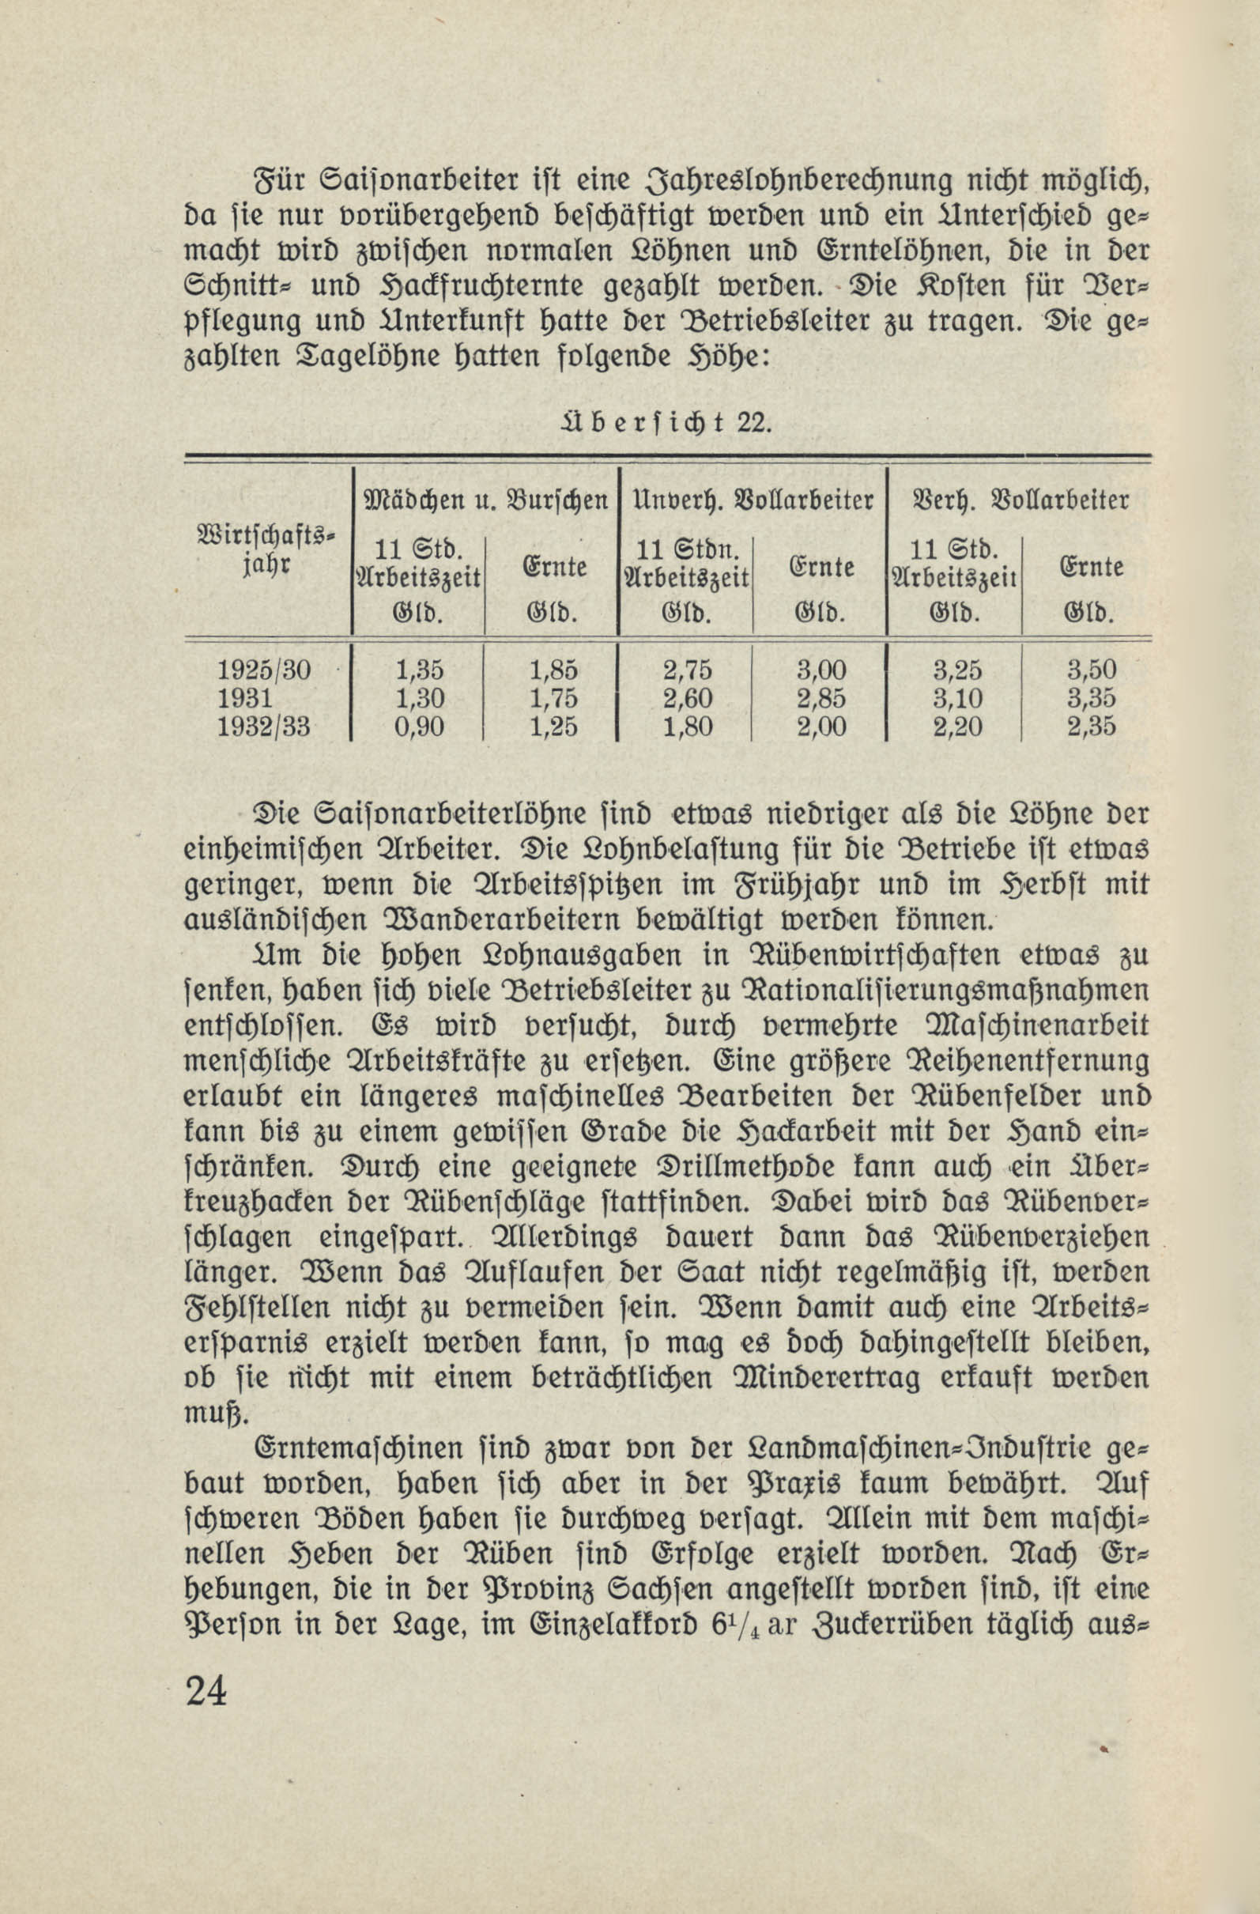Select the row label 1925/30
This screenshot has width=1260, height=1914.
pyautogui.click(x=264, y=670)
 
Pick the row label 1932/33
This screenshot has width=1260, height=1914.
pyautogui.click(x=264, y=727)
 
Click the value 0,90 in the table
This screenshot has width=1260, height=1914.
pyautogui.click(x=419, y=727)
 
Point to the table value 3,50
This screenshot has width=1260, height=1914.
pyautogui.click(x=1091, y=670)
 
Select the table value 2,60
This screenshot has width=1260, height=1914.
pyautogui.click(x=688, y=698)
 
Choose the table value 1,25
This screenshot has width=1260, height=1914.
pyautogui.click(x=554, y=727)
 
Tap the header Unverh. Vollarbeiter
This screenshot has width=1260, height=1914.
pyautogui.click(x=753, y=500)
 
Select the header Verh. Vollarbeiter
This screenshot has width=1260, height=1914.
pyautogui.click(x=1020, y=500)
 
